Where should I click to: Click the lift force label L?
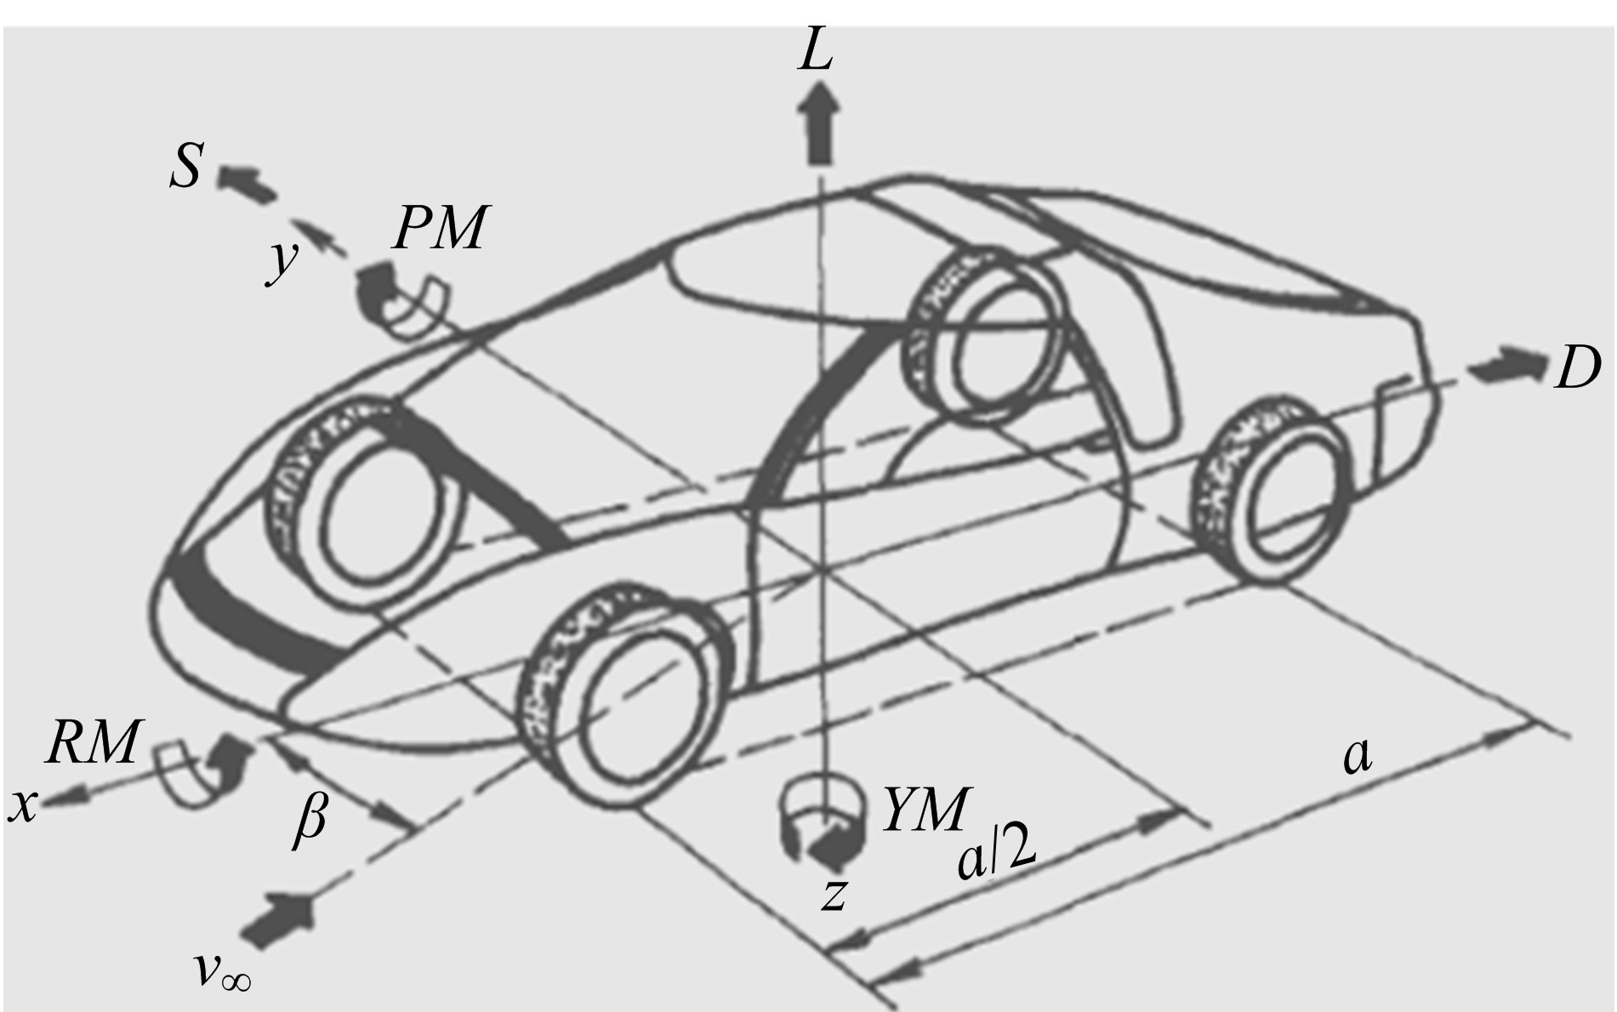pos(816,54)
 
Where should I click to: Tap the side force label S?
pos(186,165)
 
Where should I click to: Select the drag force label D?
pos(1576,368)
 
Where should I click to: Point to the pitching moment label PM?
pos(440,228)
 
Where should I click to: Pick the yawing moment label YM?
pos(925,810)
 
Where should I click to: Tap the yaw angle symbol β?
pos(310,821)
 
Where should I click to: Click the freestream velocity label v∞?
pos(222,970)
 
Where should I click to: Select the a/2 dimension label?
pos(996,857)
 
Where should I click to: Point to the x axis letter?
pos(23,805)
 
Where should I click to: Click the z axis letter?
pos(834,894)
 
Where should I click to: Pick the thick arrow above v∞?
pos(278,919)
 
